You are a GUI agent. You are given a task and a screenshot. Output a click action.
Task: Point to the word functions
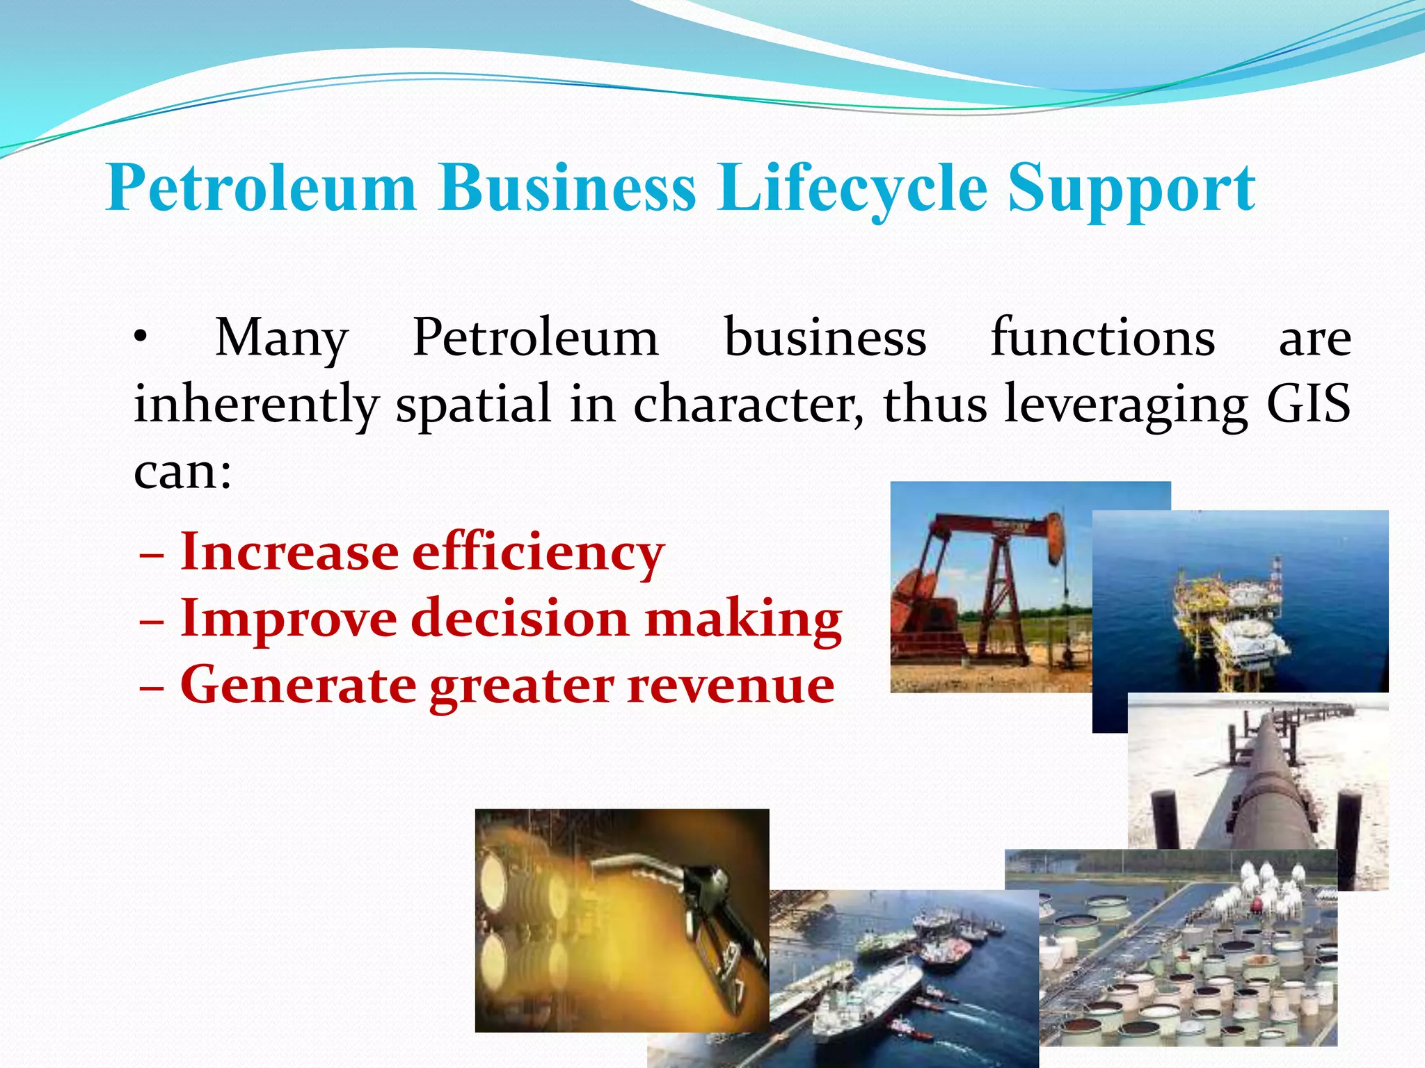[1103, 338]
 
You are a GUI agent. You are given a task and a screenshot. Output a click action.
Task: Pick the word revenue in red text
[731, 685]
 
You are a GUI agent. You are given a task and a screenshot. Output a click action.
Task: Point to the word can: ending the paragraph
[182, 473]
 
